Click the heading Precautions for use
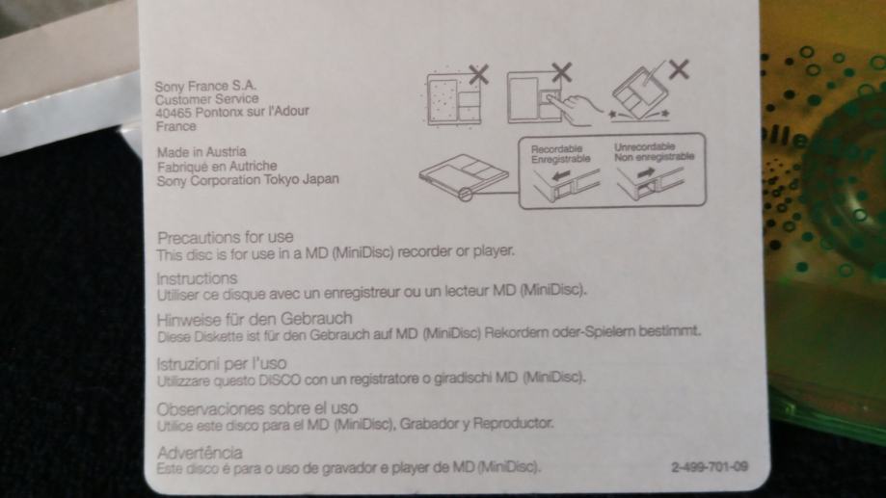(x=226, y=237)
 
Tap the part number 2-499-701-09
(x=710, y=467)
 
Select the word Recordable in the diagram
(x=556, y=149)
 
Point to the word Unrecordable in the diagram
(x=645, y=146)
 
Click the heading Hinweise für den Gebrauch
(x=255, y=319)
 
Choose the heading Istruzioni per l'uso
(x=222, y=363)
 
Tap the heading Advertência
(x=200, y=453)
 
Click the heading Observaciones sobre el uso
(x=257, y=408)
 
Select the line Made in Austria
(x=201, y=152)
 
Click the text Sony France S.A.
(x=205, y=86)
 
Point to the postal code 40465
(x=174, y=113)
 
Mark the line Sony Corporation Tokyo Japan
(x=248, y=180)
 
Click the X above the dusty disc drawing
(x=478, y=74)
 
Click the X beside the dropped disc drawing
(x=679, y=69)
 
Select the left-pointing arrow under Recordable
(x=561, y=176)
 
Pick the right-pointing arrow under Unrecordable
(x=646, y=172)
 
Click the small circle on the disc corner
(x=465, y=195)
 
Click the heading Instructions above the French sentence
(x=198, y=278)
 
